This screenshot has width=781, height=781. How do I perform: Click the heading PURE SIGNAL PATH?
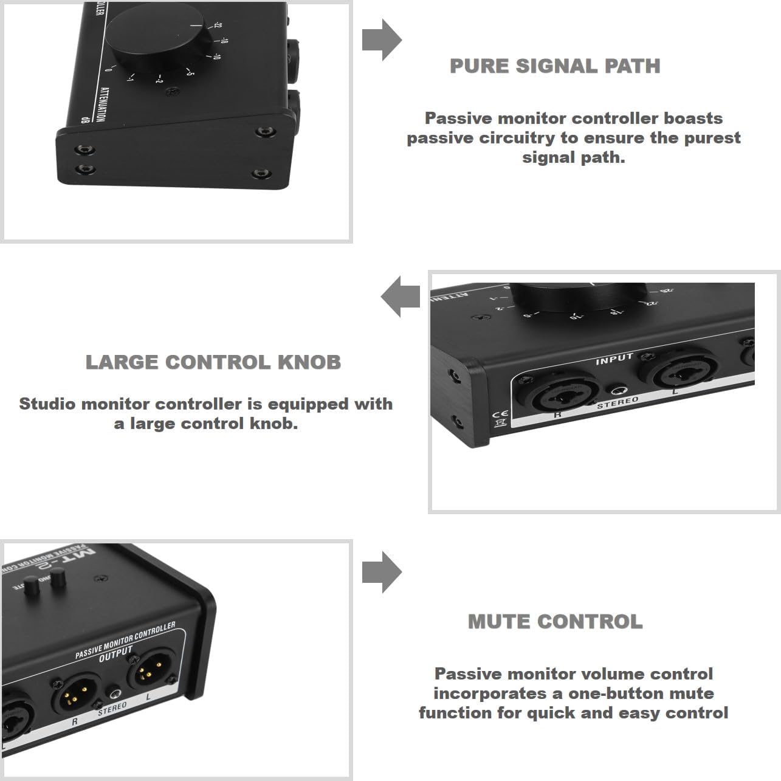coord(554,66)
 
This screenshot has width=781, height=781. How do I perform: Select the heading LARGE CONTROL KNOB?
coord(213,362)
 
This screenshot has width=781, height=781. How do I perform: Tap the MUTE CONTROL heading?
coord(555,622)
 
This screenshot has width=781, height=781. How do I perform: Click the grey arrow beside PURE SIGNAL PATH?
coord(382,40)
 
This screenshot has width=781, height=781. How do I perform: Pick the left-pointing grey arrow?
coord(401,297)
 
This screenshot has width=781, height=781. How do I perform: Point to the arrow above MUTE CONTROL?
coord(382,572)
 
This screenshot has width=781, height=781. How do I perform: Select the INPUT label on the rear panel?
coord(614,359)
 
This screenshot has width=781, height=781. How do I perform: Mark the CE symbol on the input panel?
coord(499,413)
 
